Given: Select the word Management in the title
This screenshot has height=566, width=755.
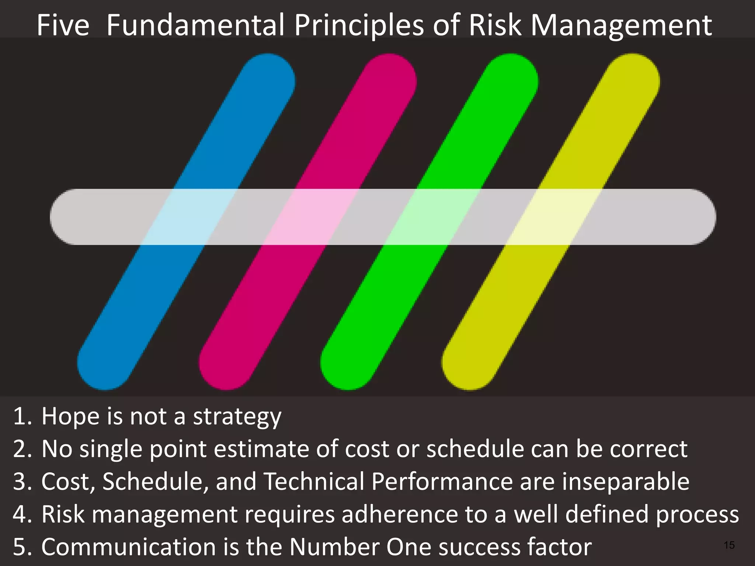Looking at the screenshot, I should [621, 26].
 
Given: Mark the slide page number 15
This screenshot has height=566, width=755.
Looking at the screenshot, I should [729, 545].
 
